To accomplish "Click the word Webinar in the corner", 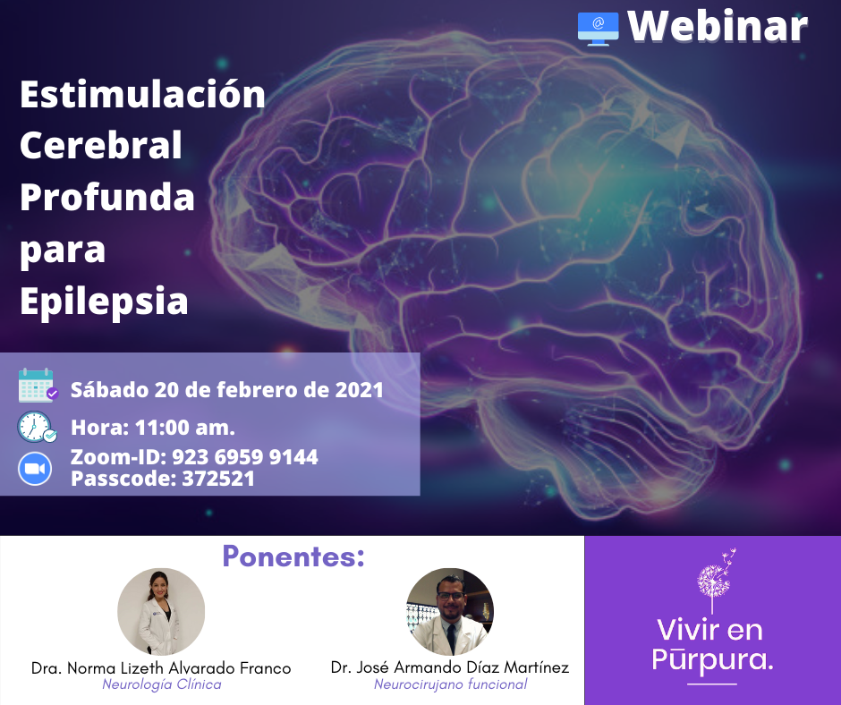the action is coord(718,26).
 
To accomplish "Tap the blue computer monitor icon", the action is coord(598,29).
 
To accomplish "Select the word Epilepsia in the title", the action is coord(104,302).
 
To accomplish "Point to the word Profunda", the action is coord(107,197).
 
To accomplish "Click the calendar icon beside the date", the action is coord(38,386).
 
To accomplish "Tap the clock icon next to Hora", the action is coord(37,427).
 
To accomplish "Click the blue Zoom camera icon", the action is coord(35,469).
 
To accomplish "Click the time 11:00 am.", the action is coord(185,428).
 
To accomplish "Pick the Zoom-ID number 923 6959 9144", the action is coord(244,457).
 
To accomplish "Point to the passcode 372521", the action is coord(218,478).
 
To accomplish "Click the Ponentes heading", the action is coord(293,556).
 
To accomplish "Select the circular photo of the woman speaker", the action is coord(161,612).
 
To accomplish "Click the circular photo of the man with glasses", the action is coord(450,612).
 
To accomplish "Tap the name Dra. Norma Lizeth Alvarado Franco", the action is coord(161,668).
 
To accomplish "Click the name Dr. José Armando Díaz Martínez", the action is coord(449,667).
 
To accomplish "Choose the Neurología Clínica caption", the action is coord(161,684).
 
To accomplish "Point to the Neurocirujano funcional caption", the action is coord(451,684).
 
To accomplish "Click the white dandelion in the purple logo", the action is coord(716,581).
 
